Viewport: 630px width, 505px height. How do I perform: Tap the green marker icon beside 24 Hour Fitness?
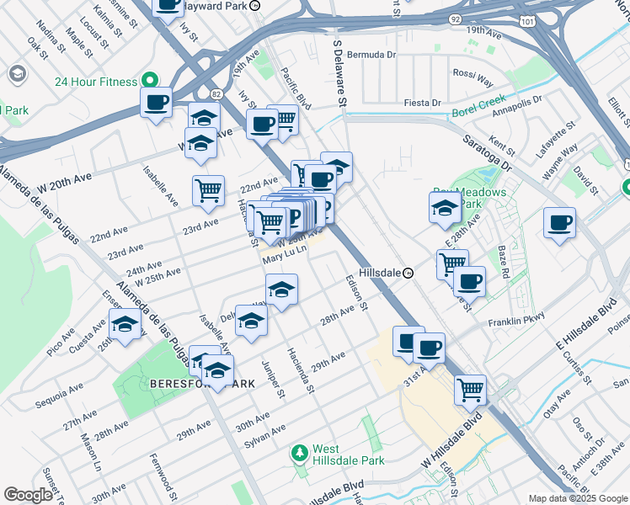150,82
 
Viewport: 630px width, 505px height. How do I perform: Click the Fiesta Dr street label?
423,103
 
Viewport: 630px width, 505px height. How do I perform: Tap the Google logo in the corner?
28,495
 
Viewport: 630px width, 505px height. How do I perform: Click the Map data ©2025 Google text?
577,498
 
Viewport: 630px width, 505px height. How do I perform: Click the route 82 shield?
216,93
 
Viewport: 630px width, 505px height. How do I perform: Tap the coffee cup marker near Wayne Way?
559,223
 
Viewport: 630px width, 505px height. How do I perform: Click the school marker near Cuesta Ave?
125,324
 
